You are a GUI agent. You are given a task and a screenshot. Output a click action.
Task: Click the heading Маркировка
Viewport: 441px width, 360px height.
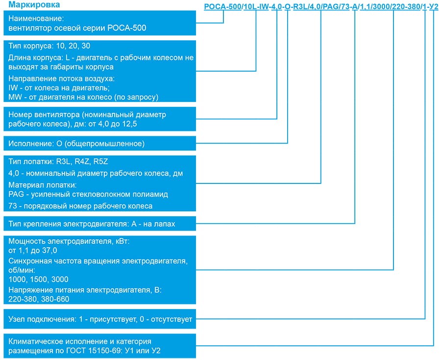coord(31,5)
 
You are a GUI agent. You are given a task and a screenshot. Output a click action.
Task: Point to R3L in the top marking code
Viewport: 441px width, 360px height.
coord(299,7)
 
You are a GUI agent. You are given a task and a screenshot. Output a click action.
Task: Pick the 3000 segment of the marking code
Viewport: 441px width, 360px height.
coord(382,7)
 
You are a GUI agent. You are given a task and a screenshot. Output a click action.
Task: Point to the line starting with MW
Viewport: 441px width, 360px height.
coord(83,97)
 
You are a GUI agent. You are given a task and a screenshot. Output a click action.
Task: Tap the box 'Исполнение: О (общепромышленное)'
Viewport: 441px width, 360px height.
coord(76,144)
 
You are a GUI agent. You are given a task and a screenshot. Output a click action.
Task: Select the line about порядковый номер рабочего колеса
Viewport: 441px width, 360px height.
coord(81,206)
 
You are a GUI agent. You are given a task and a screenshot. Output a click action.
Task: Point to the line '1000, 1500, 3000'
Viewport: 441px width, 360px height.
coord(38,279)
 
